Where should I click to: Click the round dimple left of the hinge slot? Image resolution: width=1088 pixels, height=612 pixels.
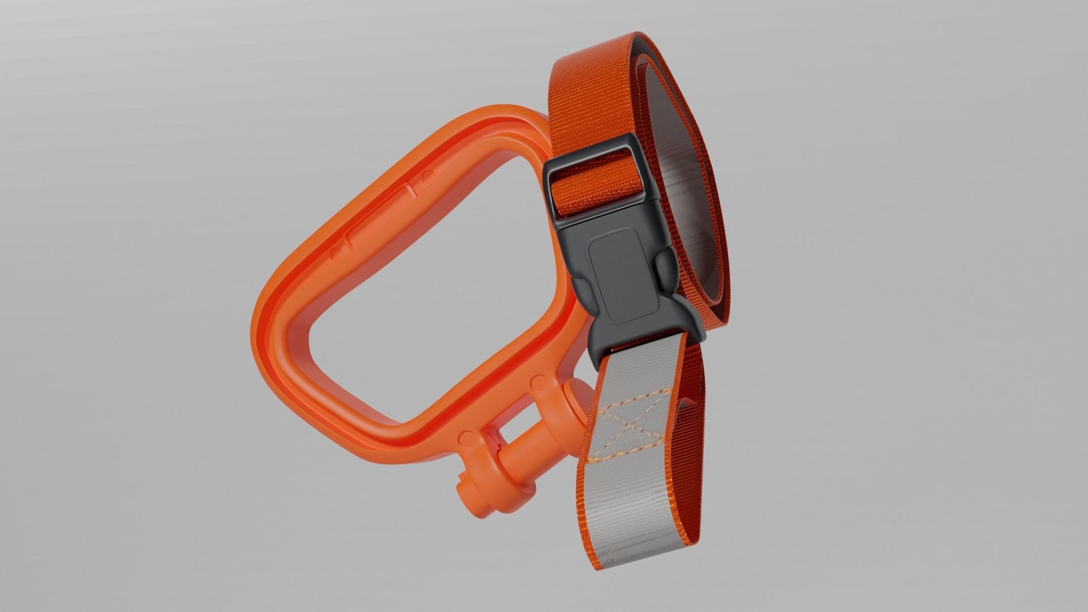click(x=466, y=437)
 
